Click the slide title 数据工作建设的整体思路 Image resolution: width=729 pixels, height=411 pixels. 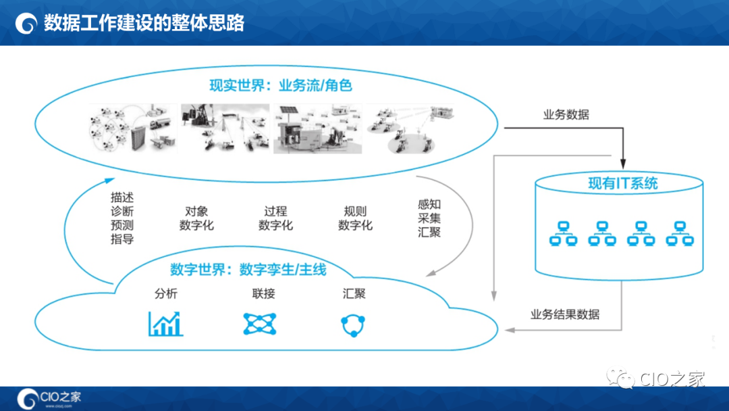pos(143,23)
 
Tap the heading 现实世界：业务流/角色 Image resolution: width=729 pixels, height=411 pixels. pos(281,86)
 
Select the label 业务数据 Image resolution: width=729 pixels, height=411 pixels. pos(566,114)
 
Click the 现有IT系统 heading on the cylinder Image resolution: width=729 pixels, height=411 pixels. pos(622,183)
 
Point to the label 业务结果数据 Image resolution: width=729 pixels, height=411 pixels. pos(565,314)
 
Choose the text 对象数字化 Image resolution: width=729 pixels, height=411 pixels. pos(196,218)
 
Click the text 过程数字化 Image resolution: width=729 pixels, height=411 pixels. pos(275,218)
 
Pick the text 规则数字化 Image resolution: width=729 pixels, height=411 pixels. pos(355,218)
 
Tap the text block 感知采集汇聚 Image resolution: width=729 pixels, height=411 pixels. pos(429,218)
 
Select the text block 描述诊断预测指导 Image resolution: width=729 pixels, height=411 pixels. pos(122,218)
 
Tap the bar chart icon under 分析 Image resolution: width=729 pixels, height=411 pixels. pos(165,324)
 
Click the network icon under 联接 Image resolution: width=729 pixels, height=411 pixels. pos(260,324)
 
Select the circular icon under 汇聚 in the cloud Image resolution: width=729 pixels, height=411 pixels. pos(353,325)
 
